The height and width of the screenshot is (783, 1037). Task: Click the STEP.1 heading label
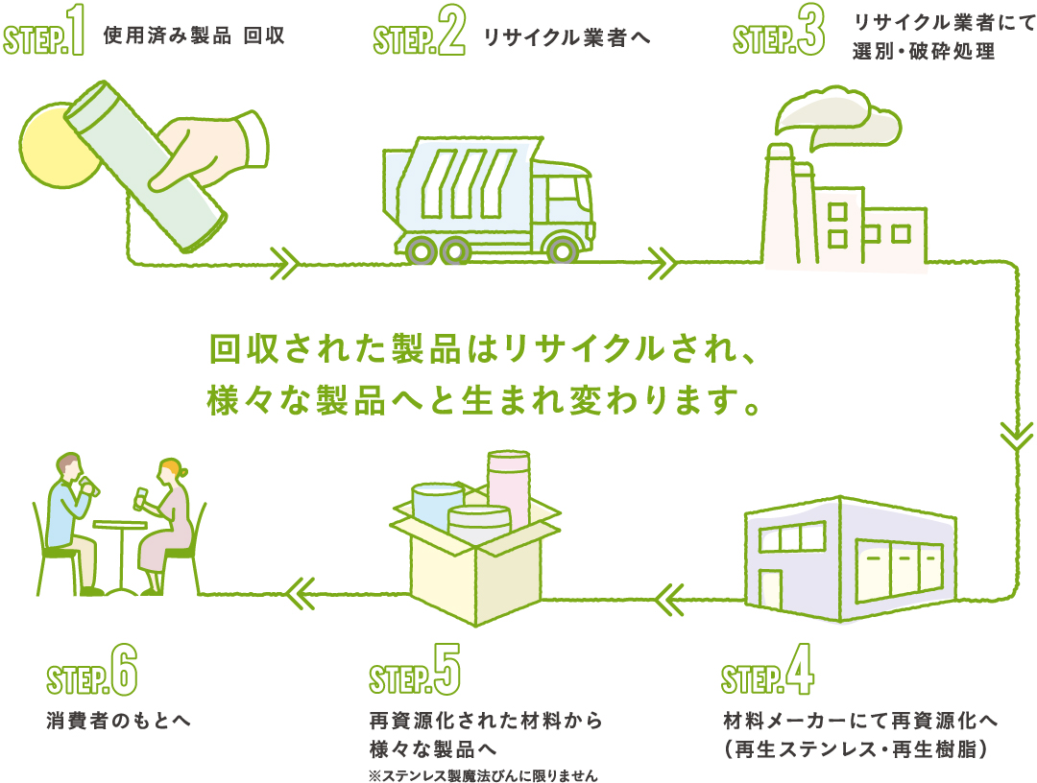[x=45, y=36]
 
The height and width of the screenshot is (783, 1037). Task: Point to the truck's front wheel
[x=560, y=250]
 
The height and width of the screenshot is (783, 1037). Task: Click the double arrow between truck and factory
[x=663, y=262]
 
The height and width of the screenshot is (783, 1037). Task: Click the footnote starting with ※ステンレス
[x=489, y=772]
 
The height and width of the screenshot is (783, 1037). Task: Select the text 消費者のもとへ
[x=118, y=720]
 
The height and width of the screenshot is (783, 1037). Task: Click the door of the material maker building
[x=771, y=591]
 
